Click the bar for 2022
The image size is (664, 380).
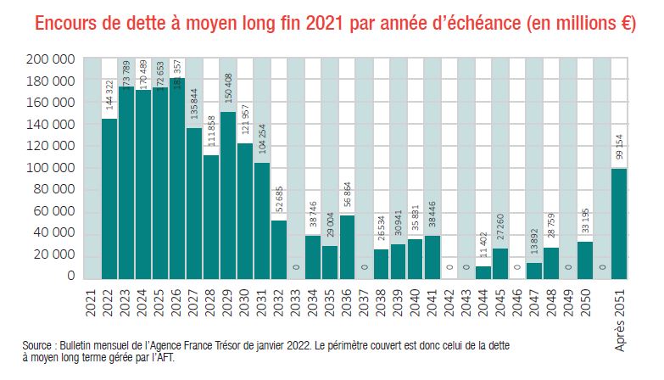(x=109, y=198)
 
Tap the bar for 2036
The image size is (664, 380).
(x=347, y=247)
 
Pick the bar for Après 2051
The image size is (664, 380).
(x=619, y=223)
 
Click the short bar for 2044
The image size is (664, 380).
(x=483, y=272)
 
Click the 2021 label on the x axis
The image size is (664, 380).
(x=92, y=302)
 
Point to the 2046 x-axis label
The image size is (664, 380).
(x=516, y=302)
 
